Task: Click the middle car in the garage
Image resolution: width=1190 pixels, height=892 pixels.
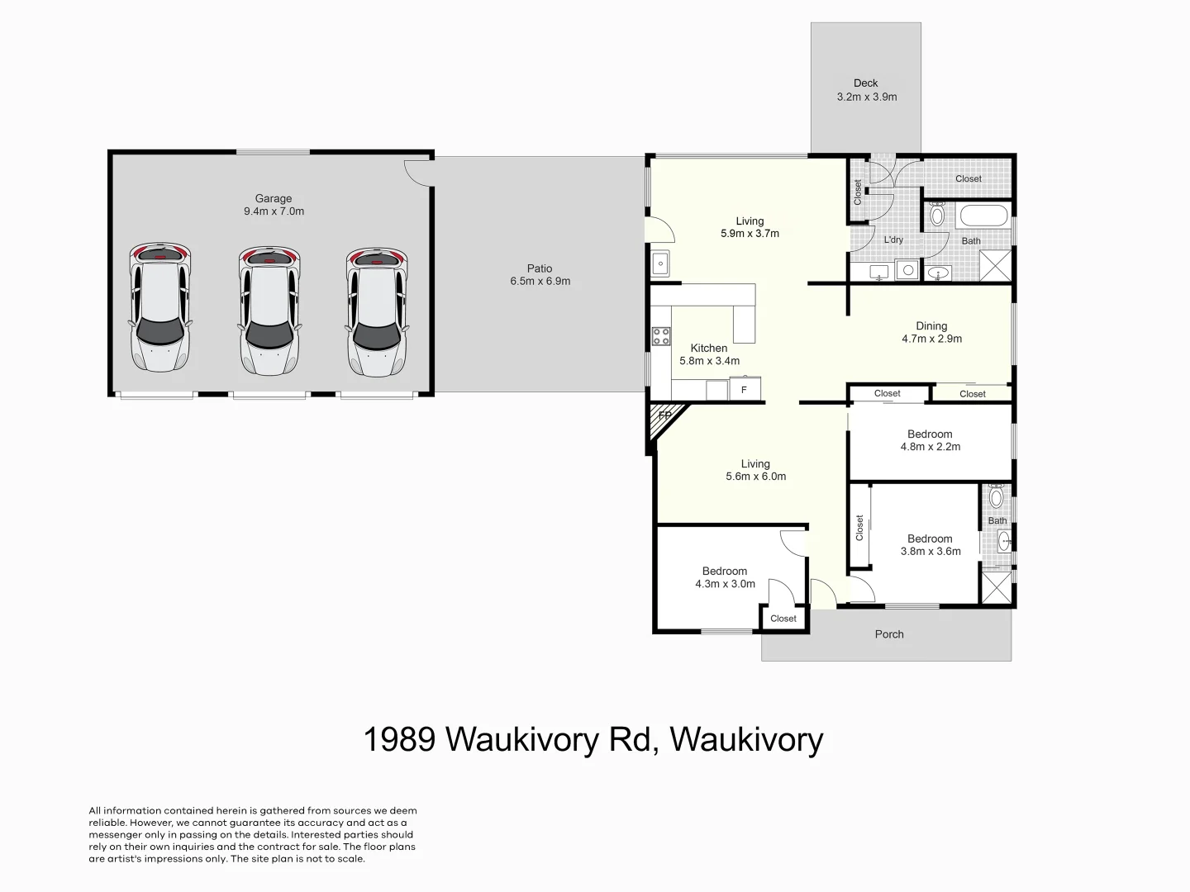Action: (x=269, y=310)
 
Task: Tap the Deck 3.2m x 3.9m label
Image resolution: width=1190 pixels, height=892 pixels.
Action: (x=866, y=90)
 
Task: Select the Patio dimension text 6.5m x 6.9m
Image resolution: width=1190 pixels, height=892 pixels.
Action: (x=540, y=282)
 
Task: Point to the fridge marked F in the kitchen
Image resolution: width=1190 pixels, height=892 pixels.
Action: (x=744, y=389)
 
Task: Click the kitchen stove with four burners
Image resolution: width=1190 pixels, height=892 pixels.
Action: (x=661, y=336)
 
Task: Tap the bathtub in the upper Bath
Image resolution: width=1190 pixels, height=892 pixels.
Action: (x=983, y=217)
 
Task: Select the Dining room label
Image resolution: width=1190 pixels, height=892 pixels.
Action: (x=931, y=326)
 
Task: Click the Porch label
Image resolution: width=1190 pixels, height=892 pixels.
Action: (x=889, y=634)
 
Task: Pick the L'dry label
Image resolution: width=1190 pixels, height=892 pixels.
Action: (x=893, y=240)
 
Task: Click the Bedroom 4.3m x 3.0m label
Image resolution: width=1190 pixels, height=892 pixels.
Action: (x=725, y=577)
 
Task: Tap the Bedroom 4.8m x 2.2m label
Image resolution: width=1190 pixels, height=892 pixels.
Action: (x=930, y=440)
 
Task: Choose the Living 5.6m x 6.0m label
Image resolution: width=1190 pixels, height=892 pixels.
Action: (x=755, y=470)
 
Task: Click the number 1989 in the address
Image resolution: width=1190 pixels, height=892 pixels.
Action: (x=399, y=739)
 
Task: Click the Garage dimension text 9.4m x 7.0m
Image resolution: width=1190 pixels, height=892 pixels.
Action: (x=274, y=211)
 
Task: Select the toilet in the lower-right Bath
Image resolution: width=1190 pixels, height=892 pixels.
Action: (x=997, y=497)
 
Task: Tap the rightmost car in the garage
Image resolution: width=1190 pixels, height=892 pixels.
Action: (x=377, y=310)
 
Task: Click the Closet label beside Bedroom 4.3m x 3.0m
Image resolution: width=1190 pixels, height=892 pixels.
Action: (x=783, y=619)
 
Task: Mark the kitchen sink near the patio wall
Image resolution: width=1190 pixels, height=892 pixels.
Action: (x=660, y=264)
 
